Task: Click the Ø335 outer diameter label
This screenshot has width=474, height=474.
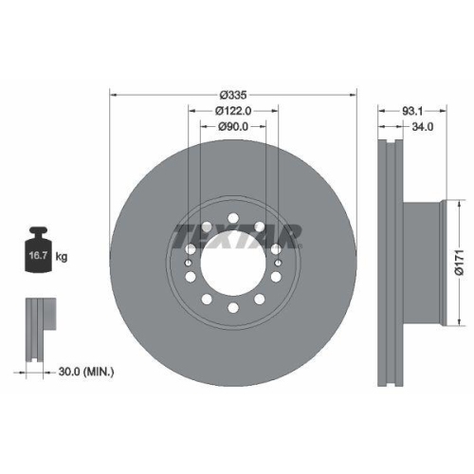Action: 233,95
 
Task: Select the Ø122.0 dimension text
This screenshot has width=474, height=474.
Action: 233,111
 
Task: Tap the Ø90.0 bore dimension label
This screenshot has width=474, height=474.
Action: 233,127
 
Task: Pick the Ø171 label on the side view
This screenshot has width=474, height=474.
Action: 458,258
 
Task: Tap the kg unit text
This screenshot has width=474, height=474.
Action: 63,256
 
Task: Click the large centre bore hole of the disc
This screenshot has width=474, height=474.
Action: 233,261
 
